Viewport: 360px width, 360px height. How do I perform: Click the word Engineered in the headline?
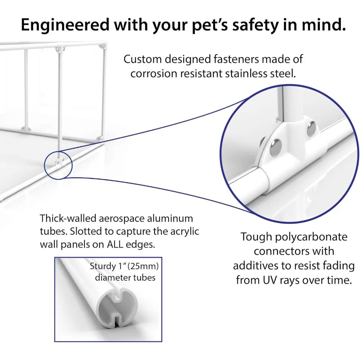pyautogui.click(x=65, y=24)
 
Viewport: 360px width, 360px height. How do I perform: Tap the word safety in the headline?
pyautogui.click(x=255, y=24)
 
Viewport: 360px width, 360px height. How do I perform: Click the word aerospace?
pyautogui.click(x=121, y=219)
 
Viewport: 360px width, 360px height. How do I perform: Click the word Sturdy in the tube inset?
pyautogui.click(x=103, y=266)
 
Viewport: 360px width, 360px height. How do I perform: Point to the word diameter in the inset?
pyautogui.click(x=110, y=278)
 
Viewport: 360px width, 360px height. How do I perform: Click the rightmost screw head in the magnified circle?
pyautogui.click(x=311, y=129)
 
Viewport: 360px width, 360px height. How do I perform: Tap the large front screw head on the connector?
pyautogui.click(x=276, y=147)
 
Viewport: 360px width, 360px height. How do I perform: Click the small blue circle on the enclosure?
pyautogui.click(x=58, y=165)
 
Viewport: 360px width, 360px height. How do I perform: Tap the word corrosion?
pyautogui.click(x=154, y=74)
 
